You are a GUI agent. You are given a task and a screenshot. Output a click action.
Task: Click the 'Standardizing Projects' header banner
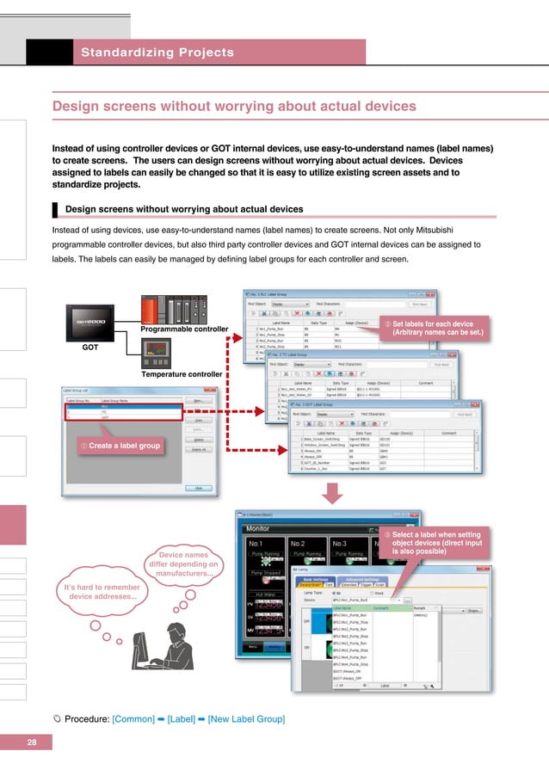[x=157, y=52]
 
